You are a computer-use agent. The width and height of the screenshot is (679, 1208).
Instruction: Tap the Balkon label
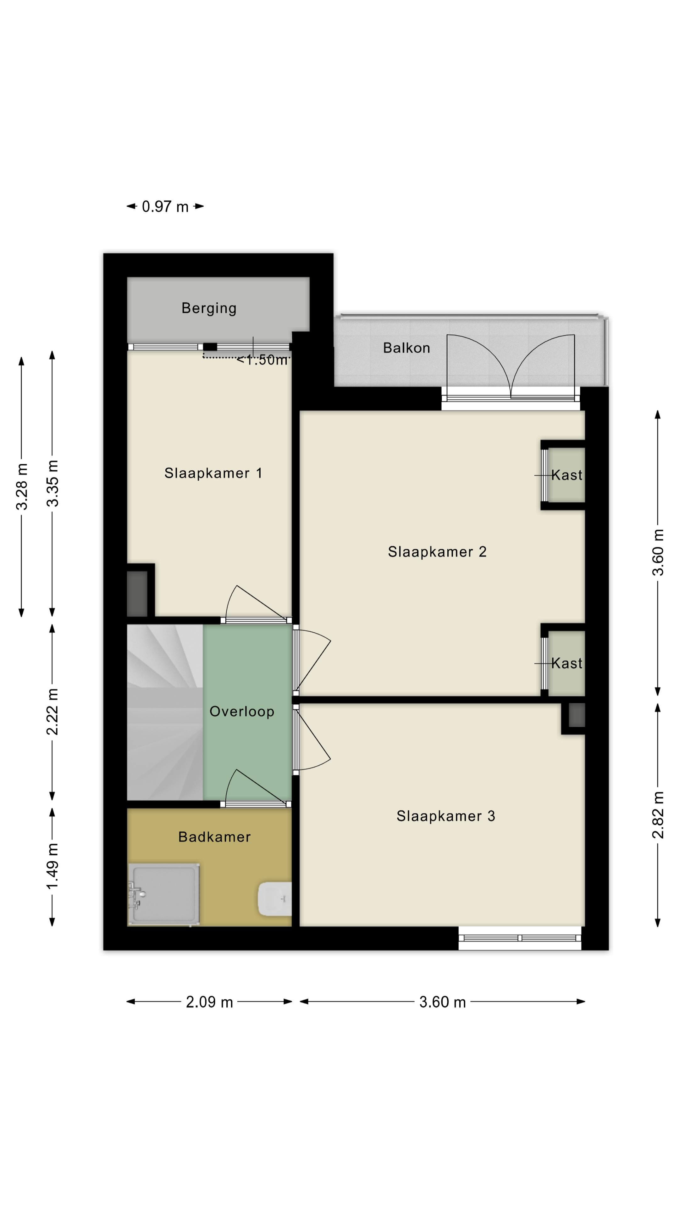(x=406, y=348)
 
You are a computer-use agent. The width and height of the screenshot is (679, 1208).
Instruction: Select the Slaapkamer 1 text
(x=213, y=473)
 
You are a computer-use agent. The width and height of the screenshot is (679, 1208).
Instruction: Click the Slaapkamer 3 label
(x=446, y=816)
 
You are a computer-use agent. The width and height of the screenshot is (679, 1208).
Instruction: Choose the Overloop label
(x=242, y=711)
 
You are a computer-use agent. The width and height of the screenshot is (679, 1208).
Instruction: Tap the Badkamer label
(x=215, y=837)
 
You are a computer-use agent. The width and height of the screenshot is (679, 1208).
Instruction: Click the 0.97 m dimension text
(x=165, y=206)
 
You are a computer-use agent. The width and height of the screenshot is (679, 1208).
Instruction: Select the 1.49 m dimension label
(x=52, y=866)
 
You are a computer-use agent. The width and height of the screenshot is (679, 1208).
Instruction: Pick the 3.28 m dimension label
(x=22, y=486)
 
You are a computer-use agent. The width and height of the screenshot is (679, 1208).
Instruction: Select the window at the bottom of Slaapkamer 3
(x=520, y=938)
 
